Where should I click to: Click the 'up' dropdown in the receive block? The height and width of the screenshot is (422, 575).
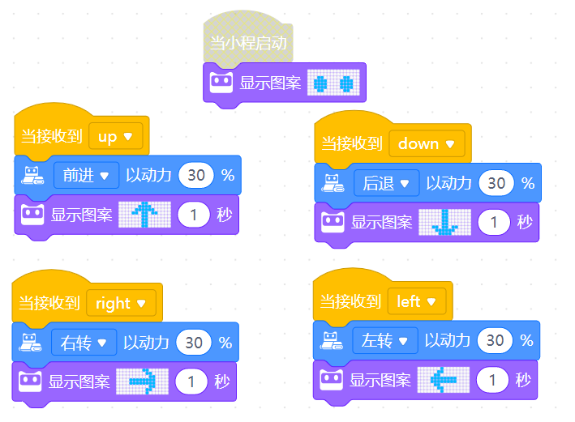point(115,137)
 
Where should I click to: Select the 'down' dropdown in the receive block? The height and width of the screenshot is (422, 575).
point(425,144)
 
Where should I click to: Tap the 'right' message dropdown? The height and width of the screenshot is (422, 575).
point(120,303)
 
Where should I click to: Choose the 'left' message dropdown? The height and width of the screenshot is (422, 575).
point(416,301)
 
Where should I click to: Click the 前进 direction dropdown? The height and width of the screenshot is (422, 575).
point(85,175)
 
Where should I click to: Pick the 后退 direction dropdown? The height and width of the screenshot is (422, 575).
point(386,183)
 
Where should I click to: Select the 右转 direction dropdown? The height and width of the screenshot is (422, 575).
point(84,342)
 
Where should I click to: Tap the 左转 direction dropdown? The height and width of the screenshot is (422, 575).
point(384,340)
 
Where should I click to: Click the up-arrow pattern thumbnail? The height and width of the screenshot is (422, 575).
point(144,215)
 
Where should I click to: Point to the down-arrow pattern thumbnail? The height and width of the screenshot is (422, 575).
point(444,223)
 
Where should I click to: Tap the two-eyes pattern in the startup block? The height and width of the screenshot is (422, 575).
point(333,83)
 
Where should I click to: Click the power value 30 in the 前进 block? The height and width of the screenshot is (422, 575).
point(195,175)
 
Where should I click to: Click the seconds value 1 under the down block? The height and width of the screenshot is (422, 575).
point(494,223)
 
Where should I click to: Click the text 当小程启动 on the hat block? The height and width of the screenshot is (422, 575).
point(248,43)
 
